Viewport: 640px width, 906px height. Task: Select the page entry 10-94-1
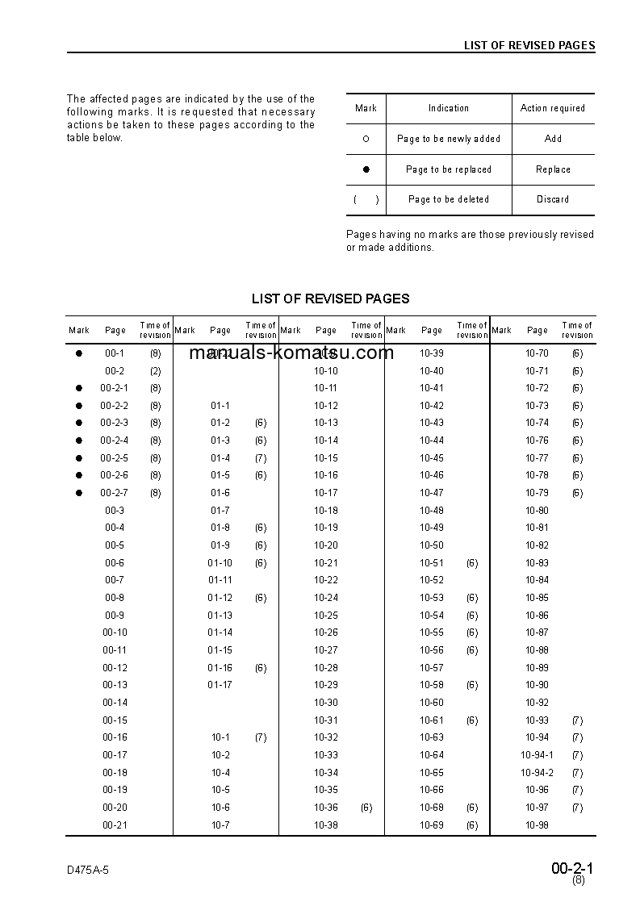pyautogui.click(x=537, y=755)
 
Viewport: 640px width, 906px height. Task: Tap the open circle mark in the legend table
pyautogui.click(x=366, y=139)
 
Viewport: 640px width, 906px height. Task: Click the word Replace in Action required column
pyautogui.click(x=553, y=169)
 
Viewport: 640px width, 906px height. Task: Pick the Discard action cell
pyautogui.click(x=553, y=199)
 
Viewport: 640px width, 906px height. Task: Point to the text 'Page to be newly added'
pyautogui.click(x=449, y=139)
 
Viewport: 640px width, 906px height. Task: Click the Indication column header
pyautogui.click(x=449, y=108)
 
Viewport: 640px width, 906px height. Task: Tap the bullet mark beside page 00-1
pyautogui.click(x=79, y=353)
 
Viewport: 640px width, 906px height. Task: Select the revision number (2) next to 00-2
pyautogui.click(x=155, y=371)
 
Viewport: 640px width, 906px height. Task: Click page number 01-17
pyautogui.click(x=220, y=685)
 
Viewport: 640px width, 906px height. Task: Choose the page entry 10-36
pyautogui.click(x=326, y=808)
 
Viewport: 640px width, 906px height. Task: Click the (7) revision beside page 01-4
pyautogui.click(x=261, y=458)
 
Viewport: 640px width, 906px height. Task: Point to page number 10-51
pyautogui.click(x=432, y=563)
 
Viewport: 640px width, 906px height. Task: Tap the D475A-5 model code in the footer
pyautogui.click(x=88, y=871)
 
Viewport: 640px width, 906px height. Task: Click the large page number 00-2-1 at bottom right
pyautogui.click(x=572, y=868)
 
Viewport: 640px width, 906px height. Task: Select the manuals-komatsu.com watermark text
pyautogui.click(x=291, y=353)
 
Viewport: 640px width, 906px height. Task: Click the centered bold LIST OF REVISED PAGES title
pyautogui.click(x=331, y=299)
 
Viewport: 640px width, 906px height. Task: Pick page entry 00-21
pyautogui.click(x=115, y=825)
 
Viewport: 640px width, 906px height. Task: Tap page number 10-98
pyautogui.click(x=537, y=825)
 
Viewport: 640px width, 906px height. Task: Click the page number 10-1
pyautogui.click(x=220, y=737)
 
